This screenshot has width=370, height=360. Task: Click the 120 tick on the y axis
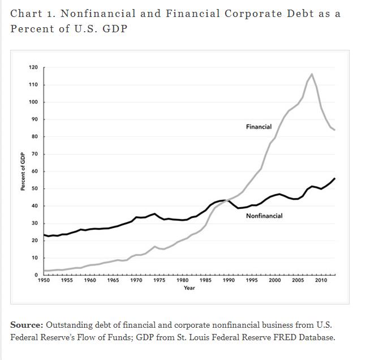[x=33, y=67]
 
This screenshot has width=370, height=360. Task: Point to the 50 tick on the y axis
[x=35, y=188]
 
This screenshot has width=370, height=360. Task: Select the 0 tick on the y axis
[x=36, y=275]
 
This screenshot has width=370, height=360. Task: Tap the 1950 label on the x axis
[x=44, y=280]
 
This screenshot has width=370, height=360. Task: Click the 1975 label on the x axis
[x=160, y=280]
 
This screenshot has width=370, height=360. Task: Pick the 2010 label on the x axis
[x=321, y=280]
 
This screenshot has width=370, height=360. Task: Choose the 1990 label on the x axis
[x=229, y=280]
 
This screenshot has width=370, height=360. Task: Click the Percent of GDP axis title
[x=23, y=172]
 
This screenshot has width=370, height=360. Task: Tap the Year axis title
[x=189, y=288]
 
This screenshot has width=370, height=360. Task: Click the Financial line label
[x=259, y=127]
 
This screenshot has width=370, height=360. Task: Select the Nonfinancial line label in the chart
[x=264, y=216]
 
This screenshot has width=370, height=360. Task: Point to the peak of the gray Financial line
[x=312, y=74]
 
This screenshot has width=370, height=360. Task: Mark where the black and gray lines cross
[x=227, y=200]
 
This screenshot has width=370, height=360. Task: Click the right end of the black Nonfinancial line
[x=334, y=178]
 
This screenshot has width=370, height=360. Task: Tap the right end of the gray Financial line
[x=334, y=130]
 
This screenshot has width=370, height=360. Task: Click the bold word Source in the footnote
[x=26, y=325]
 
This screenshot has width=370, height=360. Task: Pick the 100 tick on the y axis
[x=33, y=102]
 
